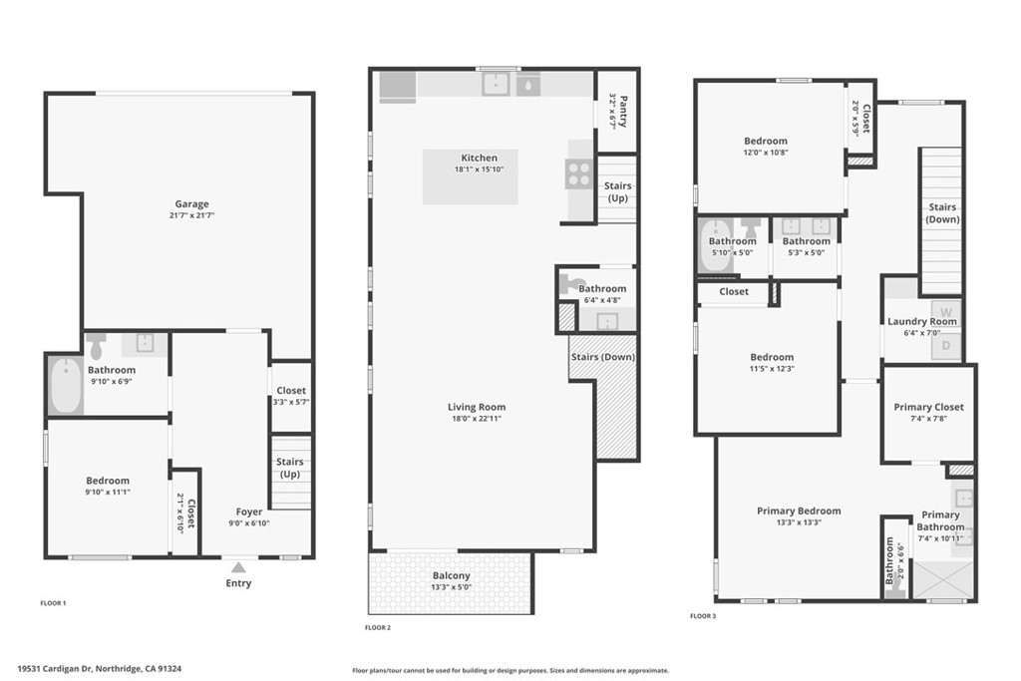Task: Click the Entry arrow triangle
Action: point(239,567)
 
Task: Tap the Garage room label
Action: point(191,203)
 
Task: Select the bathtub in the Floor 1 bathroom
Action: point(66,386)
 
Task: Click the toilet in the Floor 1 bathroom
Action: point(97,346)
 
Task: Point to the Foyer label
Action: point(249,511)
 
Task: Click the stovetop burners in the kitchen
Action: point(579,173)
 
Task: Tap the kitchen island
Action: point(471,177)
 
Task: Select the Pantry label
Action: point(623,112)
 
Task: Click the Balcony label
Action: point(452,575)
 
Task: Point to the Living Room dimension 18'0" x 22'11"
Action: point(477,419)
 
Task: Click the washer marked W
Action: point(945,313)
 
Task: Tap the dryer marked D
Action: point(945,346)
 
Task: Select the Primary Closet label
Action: point(928,407)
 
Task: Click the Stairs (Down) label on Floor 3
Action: point(942,213)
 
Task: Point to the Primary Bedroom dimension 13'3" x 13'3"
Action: point(799,522)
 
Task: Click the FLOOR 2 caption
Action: point(378,627)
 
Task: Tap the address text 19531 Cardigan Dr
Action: point(56,669)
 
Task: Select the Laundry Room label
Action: point(922,321)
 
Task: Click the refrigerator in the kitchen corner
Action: point(398,87)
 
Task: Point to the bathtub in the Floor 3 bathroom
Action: point(714,246)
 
